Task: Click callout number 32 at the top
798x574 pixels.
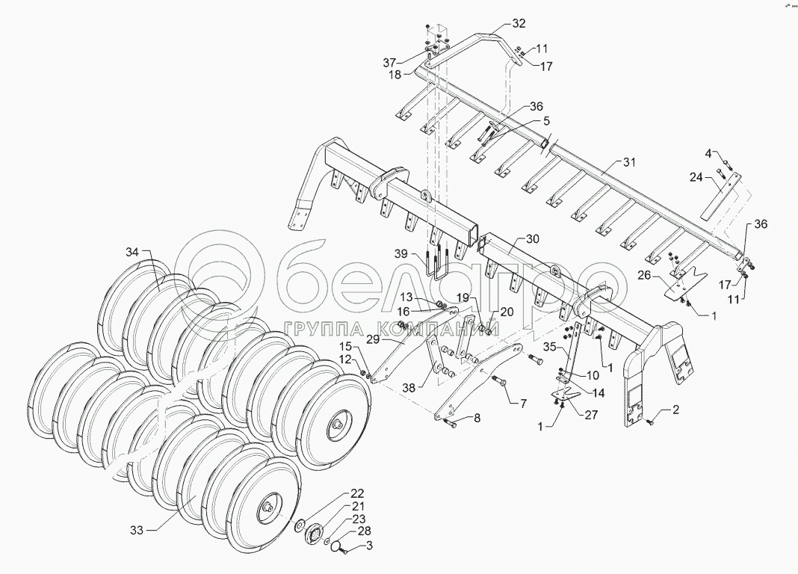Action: coord(519,23)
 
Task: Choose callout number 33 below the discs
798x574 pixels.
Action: coord(136,530)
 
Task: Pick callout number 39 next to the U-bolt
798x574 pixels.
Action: coord(403,254)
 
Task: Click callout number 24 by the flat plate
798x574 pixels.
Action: coord(696,177)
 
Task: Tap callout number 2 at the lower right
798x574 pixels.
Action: coord(676,410)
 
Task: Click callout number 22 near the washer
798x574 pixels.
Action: coord(357,494)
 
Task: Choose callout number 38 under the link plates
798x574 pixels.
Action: coord(407,389)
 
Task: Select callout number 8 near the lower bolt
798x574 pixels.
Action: coord(477,419)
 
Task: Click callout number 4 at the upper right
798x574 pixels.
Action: coord(708,153)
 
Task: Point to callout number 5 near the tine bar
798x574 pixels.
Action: coord(546,121)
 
